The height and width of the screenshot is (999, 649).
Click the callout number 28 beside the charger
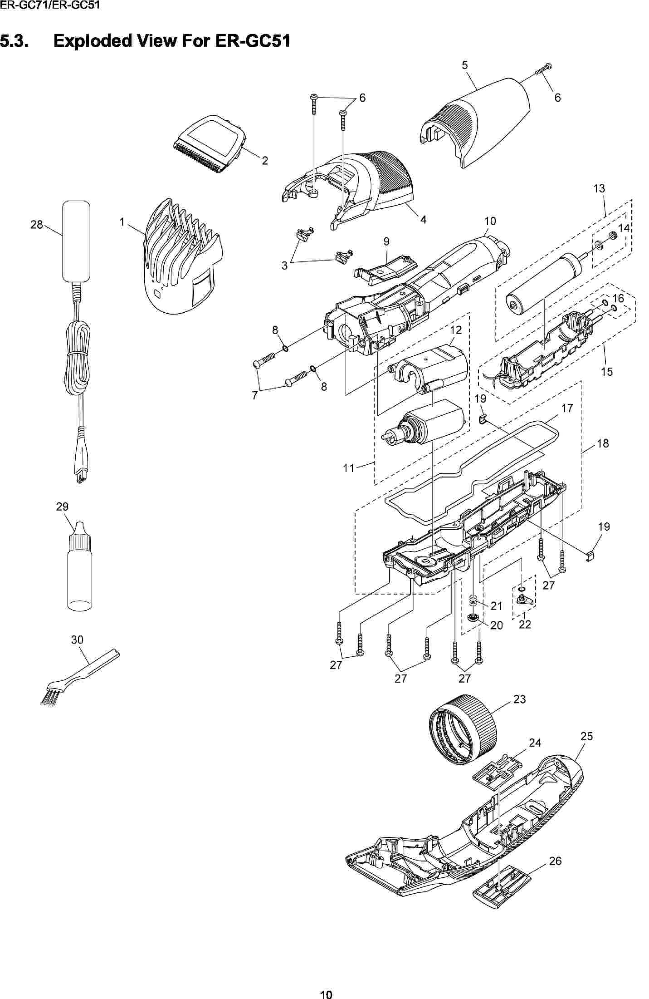(x=36, y=224)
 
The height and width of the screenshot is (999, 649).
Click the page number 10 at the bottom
(x=326, y=992)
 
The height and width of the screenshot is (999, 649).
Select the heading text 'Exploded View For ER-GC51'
(x=171, y=41)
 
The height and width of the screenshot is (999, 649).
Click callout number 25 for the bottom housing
(x=586, y=736)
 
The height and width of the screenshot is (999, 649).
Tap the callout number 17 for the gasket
(x=567, y=408)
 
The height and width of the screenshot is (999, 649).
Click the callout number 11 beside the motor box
(x=348, y=468)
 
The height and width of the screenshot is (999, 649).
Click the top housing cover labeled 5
(x=474, y=123)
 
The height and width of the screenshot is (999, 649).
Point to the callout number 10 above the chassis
(x=490, y=221)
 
